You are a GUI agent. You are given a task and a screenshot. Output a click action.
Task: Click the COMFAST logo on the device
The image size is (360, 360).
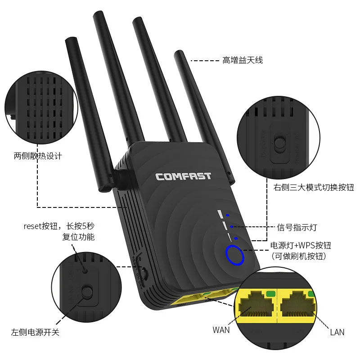click(x=183, y=176)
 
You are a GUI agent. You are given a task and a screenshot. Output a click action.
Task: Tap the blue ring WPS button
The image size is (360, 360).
click(x=234, y=255)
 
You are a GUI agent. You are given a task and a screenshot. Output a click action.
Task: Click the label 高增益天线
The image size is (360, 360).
click(x=242, y=60)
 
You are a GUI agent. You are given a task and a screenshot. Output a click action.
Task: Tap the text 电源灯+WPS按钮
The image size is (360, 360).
click(x=301, y=245)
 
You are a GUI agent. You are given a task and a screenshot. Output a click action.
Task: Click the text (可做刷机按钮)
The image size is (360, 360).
click(x=298, y=256)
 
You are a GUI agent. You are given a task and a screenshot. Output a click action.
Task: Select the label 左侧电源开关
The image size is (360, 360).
click(x=35, y=333)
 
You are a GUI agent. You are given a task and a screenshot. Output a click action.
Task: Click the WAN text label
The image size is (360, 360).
click(x=221, y=330)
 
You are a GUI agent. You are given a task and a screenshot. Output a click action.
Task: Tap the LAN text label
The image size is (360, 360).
click(x=337, y=332)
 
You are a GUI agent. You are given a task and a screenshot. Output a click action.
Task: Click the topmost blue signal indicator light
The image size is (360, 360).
click(x=228, y=216)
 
